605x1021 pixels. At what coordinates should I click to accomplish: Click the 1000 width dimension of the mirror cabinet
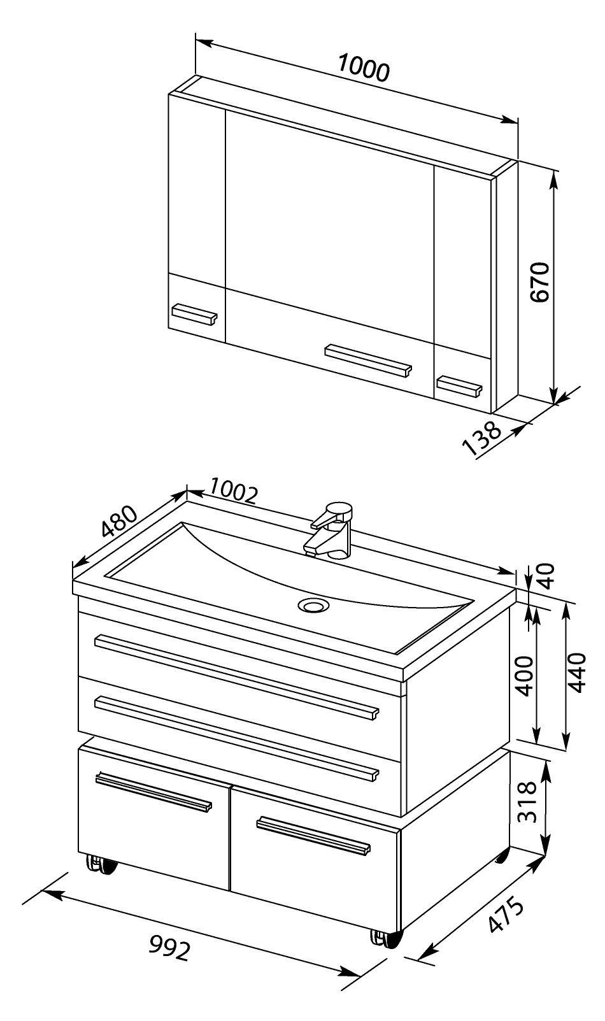click(x=364, y=68)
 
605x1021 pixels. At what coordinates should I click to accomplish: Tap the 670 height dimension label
click(x=540, y=282)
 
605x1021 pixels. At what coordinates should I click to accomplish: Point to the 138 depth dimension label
click(x=481, y=438)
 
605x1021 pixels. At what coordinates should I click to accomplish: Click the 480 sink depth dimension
click(x=119, y=521)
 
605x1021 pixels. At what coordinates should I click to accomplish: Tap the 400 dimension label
click(x=525, y=676)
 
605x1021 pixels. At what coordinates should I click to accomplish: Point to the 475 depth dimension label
click(x=506, y=915)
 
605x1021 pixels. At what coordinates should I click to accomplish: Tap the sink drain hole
click(x=313, y=605)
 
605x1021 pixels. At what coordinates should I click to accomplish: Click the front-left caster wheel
click(x=102, y=864)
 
